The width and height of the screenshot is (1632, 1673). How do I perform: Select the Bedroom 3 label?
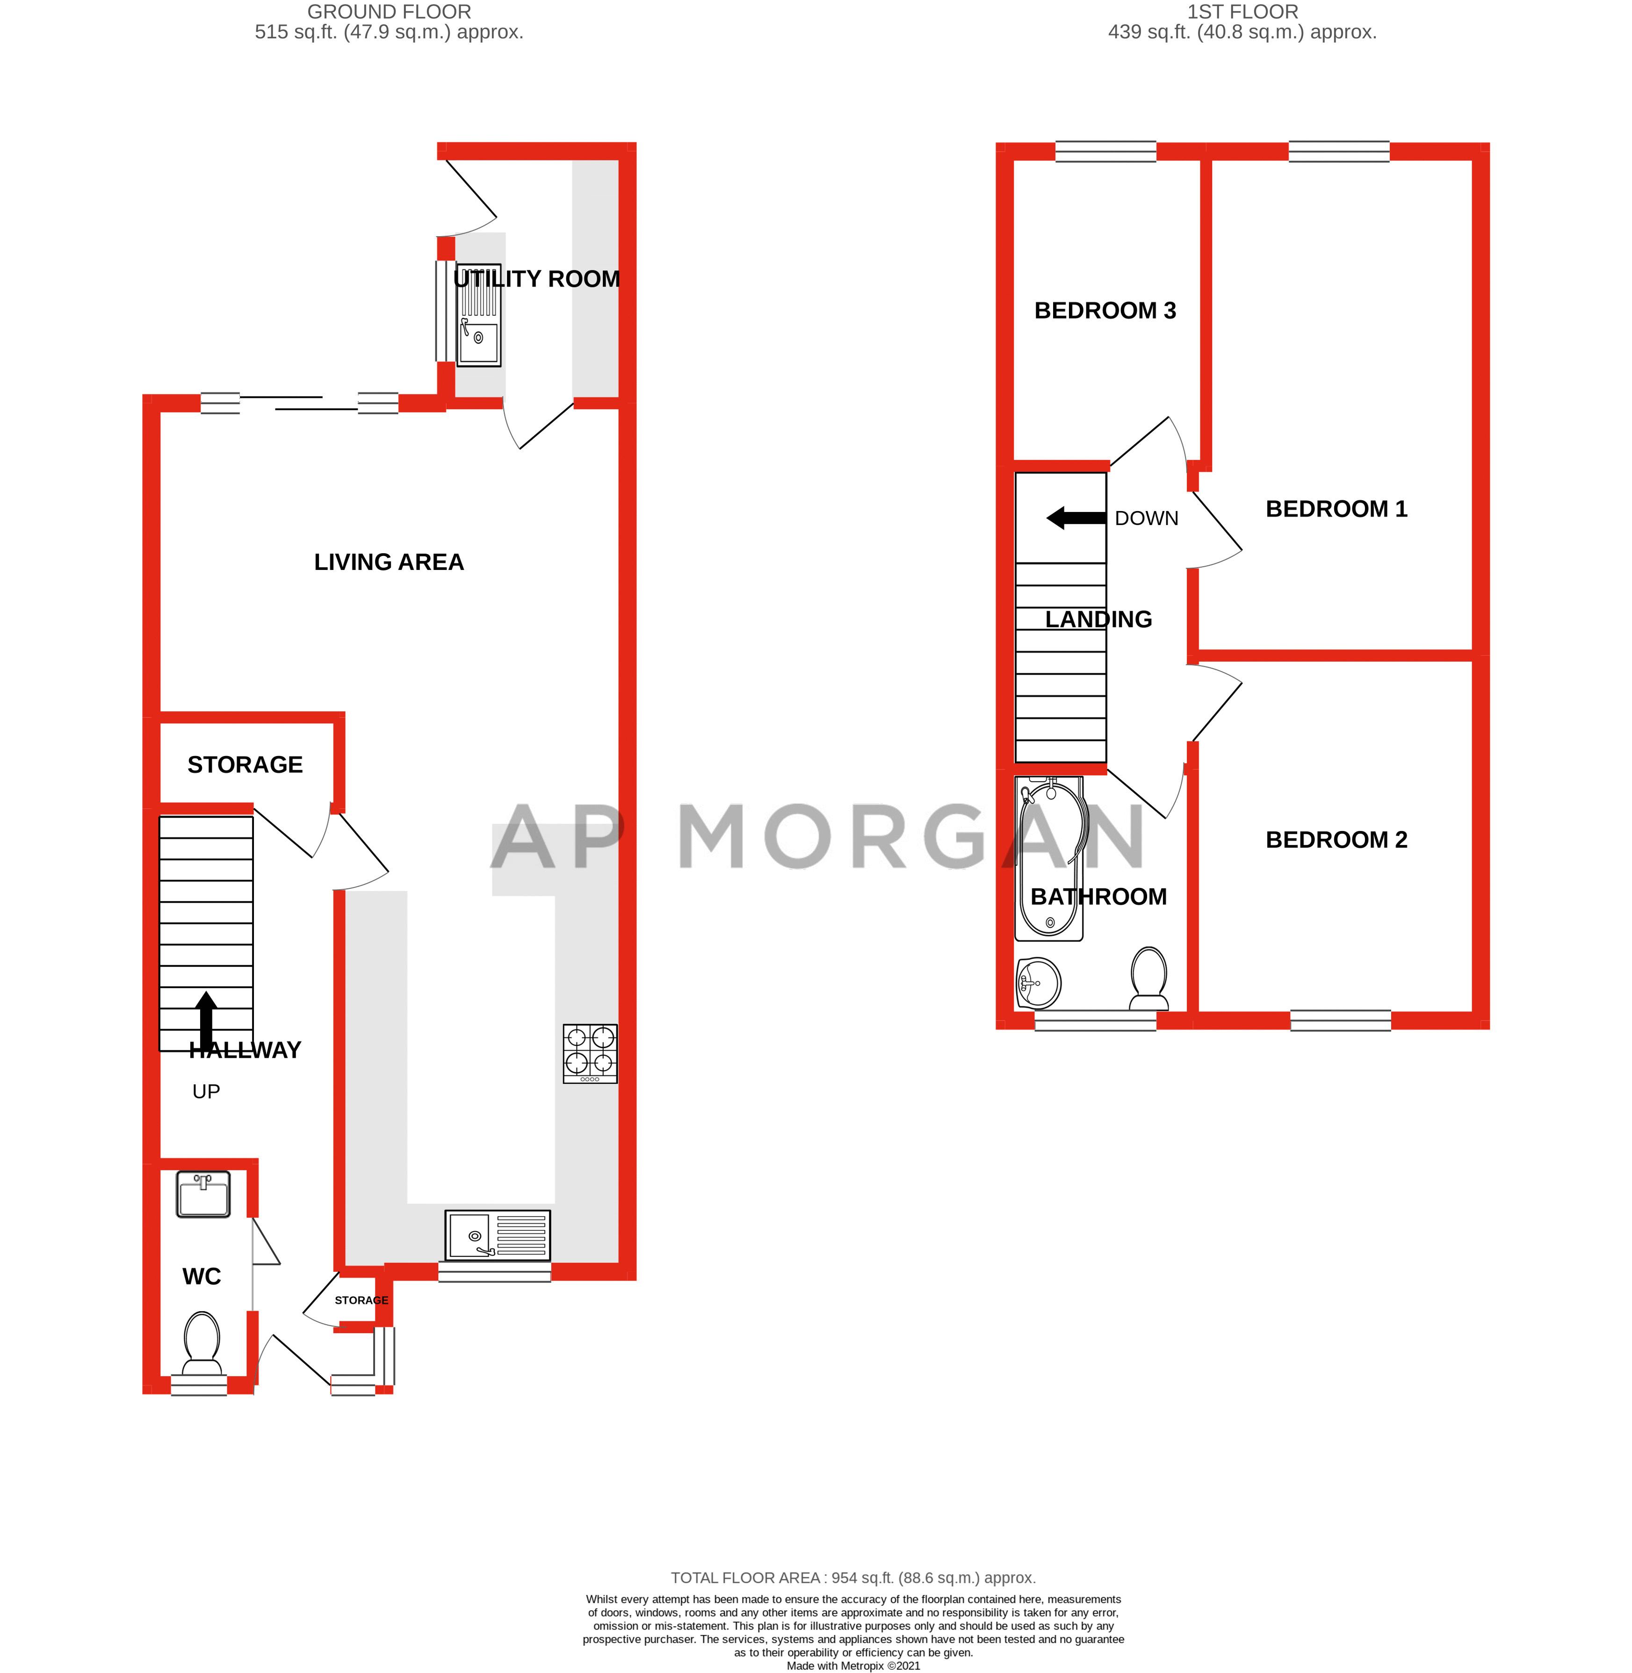1105,310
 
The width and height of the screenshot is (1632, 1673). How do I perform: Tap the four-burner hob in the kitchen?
590,1053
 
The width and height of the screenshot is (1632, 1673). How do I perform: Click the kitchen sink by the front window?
497,1235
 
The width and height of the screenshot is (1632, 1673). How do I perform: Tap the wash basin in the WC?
203,1193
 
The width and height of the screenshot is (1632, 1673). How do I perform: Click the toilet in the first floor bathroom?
1148,977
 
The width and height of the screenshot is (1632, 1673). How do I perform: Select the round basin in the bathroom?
1039,982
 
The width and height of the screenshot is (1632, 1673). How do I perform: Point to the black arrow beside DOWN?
1076,518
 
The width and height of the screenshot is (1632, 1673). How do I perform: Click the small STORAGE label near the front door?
361,1300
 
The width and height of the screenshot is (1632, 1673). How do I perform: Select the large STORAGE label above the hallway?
245,764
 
